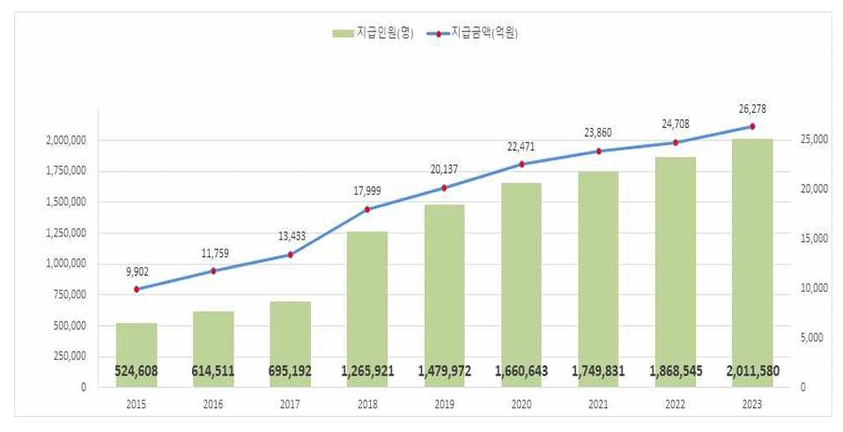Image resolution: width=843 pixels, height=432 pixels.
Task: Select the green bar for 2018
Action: [366, 309]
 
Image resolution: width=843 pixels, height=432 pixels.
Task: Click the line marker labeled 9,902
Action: [137, 289]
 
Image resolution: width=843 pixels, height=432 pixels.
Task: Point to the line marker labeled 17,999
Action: [366, 209]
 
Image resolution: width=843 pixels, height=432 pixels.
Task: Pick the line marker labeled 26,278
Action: [751, 126]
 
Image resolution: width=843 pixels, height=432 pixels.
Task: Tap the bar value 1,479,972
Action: [444, 371]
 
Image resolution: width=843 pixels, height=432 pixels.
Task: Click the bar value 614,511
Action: [213, 371]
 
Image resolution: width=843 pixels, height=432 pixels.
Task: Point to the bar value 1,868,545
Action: [675, 371]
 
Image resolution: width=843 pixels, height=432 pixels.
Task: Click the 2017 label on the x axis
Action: [290, 403]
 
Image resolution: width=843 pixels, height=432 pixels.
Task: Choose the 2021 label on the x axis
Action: [598, 403]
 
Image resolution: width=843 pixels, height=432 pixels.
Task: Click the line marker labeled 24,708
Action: [675, 143]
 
